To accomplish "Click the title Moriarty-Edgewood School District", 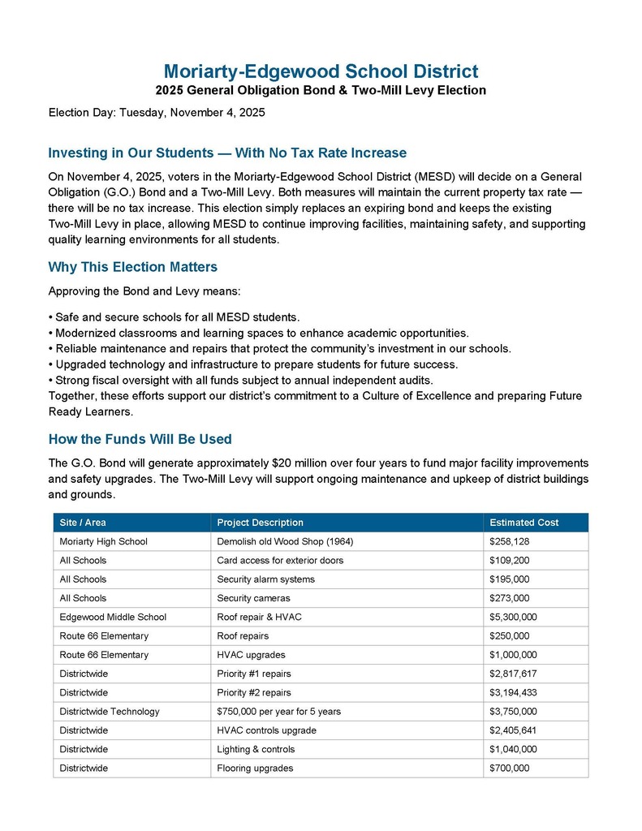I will point(321,71).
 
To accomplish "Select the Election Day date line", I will point(157,112).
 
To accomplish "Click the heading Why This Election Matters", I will point(132,267).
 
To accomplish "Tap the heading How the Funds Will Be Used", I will point(140,439).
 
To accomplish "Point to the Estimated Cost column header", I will point(524,523).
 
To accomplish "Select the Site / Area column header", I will point(83,523).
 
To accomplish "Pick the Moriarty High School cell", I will point(103,541).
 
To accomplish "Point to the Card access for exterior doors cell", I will point(280,560).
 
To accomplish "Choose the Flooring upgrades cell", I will point(255,768).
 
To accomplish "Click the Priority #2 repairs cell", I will point(254,692).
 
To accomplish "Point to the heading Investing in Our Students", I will point(227,153).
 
